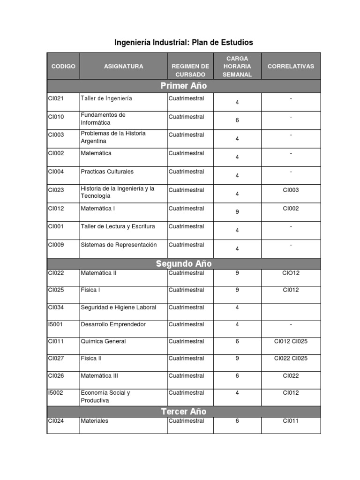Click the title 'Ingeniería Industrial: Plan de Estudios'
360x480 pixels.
tap(184, 43)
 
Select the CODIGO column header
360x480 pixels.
tap(63, 67)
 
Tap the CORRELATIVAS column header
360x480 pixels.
tap(291, 67)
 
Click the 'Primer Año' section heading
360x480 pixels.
tap(184, 86)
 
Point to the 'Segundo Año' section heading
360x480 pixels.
tap(184, 264)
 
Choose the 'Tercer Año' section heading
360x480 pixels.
tap(184, 412)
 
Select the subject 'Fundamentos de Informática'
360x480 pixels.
tap(103, 119)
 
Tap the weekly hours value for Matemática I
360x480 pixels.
tap(237, 212)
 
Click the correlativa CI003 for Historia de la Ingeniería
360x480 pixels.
tap(291, 190)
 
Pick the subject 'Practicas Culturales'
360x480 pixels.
tap(107, 172)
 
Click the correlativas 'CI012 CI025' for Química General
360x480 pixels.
tap(291, 341)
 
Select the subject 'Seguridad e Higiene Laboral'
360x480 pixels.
tap(119, 307)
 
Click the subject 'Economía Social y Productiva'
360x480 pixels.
tap(105, 397)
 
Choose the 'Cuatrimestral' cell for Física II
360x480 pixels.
tap(186, 359)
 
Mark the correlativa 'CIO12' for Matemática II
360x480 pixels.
tap(291, 273)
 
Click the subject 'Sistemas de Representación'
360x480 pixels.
tap(119, 245)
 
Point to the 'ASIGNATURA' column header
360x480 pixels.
tap(124, 67)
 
